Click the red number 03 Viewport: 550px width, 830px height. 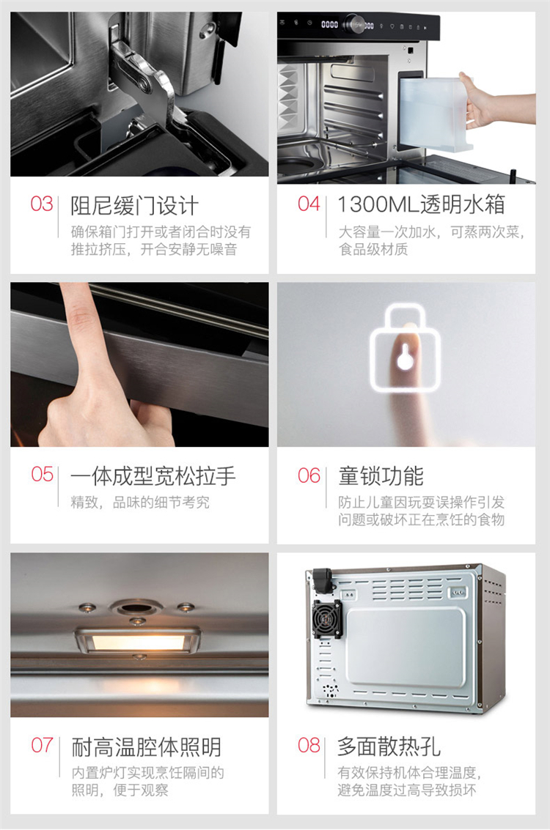pyautogui.click(x=42, y=204)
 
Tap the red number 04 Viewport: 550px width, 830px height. pyautogui.click(x=309, y=204)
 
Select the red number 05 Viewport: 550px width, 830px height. pyautogui.click(x=43, y=474)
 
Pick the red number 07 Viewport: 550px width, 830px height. pyautogui.click(x=43, y=745)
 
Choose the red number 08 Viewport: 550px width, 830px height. pyautogui.click(x=309, y=745)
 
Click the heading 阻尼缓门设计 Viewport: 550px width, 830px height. pyautogui.click(x=135, y=206)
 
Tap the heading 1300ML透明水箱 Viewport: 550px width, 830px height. pyautogui.click(x=422, y=204)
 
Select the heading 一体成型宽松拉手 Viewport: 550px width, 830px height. pyautogui.click(x=153, y=476)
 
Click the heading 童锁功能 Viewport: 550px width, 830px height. pyautogui.click(x=381, y=476)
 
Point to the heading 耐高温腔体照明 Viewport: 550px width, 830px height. pyautogui.click(x=146, y=747)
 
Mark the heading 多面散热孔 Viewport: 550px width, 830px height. pyautogui.click(x=389, y=747)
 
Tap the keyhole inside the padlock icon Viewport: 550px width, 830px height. pyautogui.click(x=405, y=357)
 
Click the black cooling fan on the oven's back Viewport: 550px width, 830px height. pyautogui.click(x=326, y=619)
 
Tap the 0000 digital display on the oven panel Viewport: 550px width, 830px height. pyautogui.click(x=329, y=24)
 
